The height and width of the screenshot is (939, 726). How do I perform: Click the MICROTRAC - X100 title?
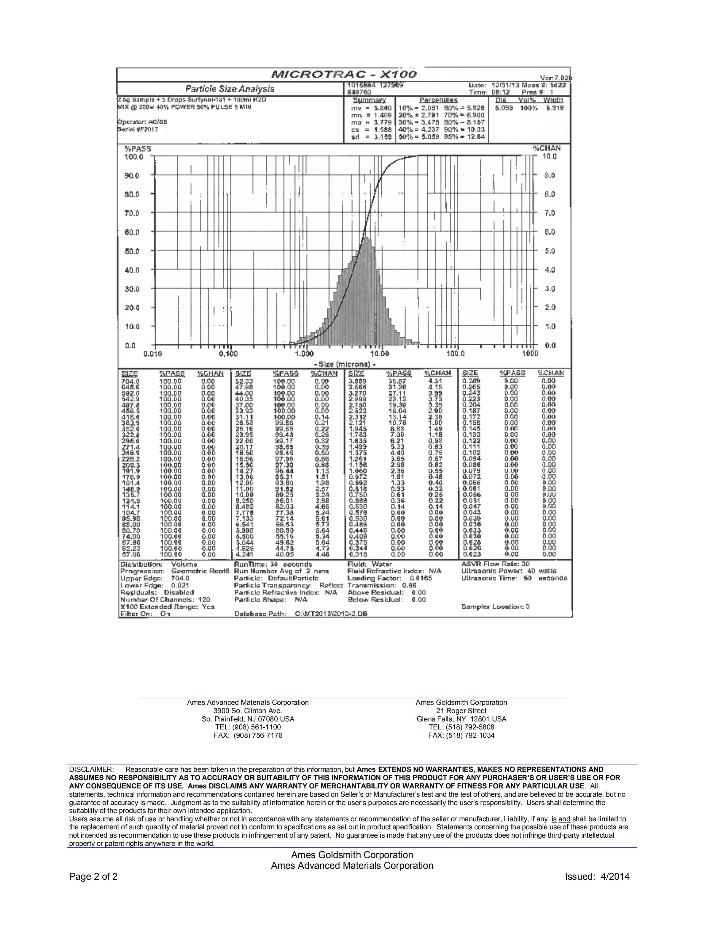pyautogui.click(x=344, y=74)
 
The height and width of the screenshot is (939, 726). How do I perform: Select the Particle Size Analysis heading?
pyautogui.click(x=230, y=89)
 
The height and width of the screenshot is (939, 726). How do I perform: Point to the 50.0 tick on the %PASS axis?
pyautogui.click(x=132, y=251)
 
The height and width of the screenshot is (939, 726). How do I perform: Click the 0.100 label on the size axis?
pyautogui.click(x=228, y=354)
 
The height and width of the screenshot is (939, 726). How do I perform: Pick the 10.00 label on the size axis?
pyautogui.click(x=379, y=354)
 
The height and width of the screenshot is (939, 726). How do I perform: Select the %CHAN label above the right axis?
pyautogui.click(x=547, y=148)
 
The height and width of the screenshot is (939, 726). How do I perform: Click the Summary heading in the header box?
pyautogui.click(x=369, y=100)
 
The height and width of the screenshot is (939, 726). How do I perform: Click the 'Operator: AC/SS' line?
pyautogui.click(x=142, y=122)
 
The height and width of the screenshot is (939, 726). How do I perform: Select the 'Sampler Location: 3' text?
pyautogui.click(x=495, y=607)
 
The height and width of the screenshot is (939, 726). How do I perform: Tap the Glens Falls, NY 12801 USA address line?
pyautogui.click(x=461, y=719)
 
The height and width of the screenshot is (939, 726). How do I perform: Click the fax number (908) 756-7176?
pyautogui.click(x=248, y=735)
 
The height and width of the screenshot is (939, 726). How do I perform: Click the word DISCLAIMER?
pyautogui.click(x=91, y=769)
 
